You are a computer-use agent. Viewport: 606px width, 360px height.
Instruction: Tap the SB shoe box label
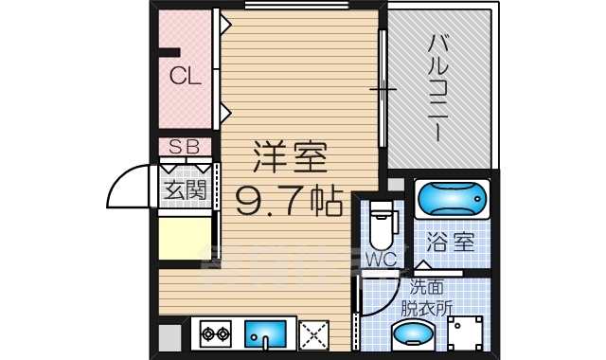[x=185, y=148]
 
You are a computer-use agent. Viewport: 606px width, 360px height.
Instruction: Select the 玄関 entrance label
[x=185, y=189]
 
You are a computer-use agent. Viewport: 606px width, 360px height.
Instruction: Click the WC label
[x=381, y=257]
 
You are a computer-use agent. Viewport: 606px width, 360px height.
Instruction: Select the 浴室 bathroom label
[x=450, y=242]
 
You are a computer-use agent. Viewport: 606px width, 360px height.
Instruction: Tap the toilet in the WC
[x=381, y=224]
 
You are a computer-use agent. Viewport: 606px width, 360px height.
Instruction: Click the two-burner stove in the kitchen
[x=215, y=334]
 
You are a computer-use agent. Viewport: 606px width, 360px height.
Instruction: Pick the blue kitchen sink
[x=264, y=334]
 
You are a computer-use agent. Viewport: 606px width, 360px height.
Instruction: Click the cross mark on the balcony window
[x=383, y=91]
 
